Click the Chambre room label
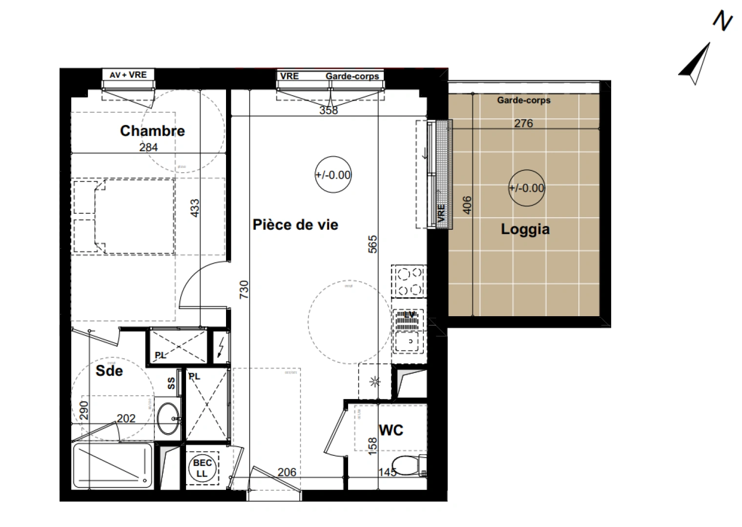tap(152, 131)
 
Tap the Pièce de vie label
tap(295, 224)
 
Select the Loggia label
tap(525, 229)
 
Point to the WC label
tap(391, 430)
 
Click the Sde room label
tap(109, 371)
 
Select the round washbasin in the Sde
tap(168, 418)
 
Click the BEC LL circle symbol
tap(202, 468)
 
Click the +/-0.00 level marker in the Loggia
tap(526, 188)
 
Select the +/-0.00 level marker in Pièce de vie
tap(333, 175)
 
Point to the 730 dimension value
tap(244, 289)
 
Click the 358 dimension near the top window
tap(329, 111)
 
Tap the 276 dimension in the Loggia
tap(523, 123)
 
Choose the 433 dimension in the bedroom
tap(195, 208)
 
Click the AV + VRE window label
tap(128, 75)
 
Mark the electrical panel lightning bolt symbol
tap(221, 347)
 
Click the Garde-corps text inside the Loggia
tap(524, 100)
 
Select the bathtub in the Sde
tap(112, 466)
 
